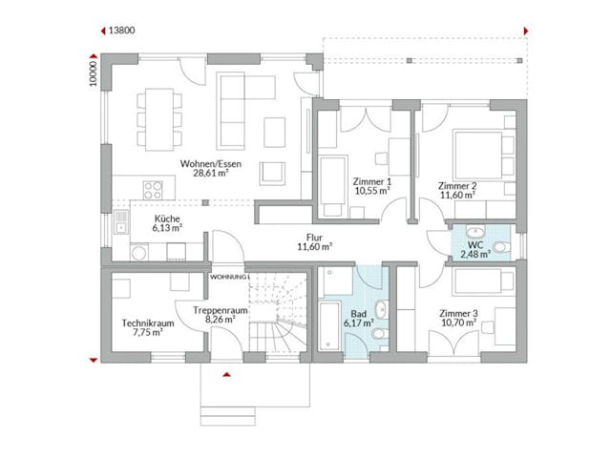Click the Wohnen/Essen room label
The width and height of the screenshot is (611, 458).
209,163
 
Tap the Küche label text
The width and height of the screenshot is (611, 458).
167,219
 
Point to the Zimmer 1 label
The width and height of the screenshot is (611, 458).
373,180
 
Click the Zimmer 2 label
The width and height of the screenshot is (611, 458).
456,185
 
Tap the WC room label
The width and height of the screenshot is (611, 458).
475,244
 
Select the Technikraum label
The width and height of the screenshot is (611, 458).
145,323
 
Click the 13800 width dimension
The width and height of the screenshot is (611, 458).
122,31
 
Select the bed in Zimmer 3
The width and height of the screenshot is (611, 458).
482,281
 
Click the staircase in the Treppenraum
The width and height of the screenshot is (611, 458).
277,315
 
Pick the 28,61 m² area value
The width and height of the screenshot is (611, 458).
209,175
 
